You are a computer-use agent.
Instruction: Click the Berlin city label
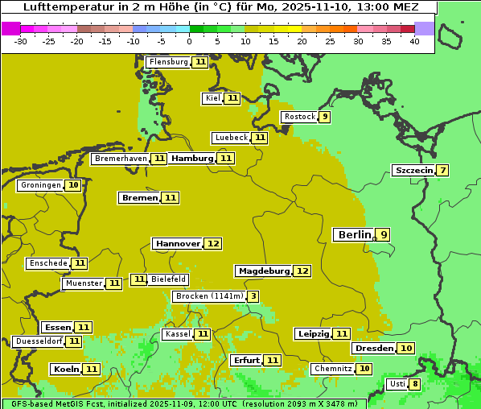click(x=354, y=235)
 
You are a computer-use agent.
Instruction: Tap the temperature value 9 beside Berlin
click(x=384, y=235)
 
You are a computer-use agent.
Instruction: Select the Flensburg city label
click(x=169, y=62)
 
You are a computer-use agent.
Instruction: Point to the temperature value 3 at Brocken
click(x=253, y=296)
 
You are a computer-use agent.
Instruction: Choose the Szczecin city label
click(x=413, y=171)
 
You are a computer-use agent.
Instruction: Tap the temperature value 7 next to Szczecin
click(x=442, y=171)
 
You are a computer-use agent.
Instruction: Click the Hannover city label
click(x=178, y=243)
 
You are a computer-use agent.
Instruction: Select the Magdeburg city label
click(x=264, y=271)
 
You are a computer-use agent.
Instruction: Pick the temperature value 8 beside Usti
click(x=415, y=384)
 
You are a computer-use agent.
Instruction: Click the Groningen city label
click(x=41, y=185)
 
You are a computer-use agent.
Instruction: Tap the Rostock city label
click(x=299, y=117)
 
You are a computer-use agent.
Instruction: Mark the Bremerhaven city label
click(x=121, y=159)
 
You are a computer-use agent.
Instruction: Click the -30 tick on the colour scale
click(x=21, y=41)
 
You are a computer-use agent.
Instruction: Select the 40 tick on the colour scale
click(x=414, y=41)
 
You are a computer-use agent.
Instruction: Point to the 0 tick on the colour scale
click(x=189, y=41)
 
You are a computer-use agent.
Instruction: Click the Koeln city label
click(x=66, y=370)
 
